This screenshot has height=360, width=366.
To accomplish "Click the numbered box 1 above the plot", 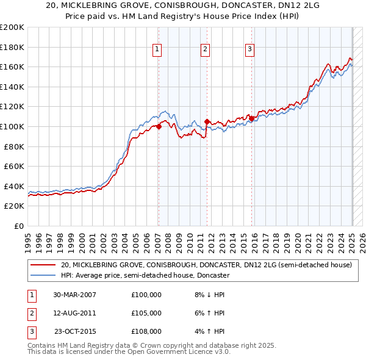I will point(157,49).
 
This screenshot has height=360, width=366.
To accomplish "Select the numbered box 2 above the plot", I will point(205,49).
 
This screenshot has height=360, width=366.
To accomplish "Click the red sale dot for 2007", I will point(159,126).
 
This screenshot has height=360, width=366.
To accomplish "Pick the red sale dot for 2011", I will point(207,121).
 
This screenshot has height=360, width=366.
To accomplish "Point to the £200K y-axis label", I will point(12,27).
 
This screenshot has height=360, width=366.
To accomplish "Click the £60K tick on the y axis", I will point(15,166).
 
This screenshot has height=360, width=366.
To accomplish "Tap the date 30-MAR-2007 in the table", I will point(75,295).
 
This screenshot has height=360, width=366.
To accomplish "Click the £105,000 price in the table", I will point(146,313).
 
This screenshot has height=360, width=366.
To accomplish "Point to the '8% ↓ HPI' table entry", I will point(210,295).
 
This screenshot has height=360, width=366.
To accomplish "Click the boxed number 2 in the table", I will point(31,313).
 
